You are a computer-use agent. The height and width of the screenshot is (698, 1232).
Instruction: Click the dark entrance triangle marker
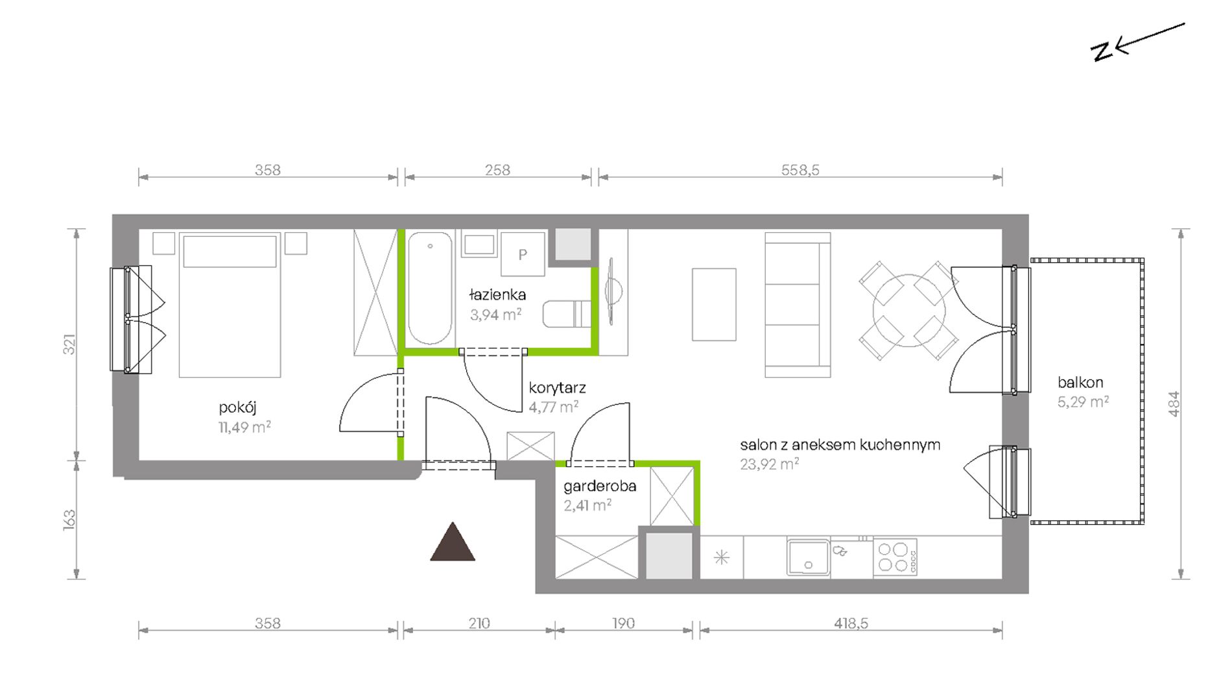(453, 542)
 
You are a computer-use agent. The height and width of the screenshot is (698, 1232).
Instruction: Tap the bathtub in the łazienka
(430, 288)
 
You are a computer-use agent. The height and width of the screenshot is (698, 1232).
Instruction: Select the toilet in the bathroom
(567, 314)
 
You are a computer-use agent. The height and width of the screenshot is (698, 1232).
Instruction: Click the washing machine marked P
(523, 255)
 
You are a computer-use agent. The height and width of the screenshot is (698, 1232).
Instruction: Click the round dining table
(909, 310)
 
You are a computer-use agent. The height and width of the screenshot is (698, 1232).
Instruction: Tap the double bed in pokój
(230, 305)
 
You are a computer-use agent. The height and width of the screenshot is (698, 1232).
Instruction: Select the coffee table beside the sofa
(714, 304)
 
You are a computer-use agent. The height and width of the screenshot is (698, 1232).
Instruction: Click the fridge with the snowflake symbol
(722, 557)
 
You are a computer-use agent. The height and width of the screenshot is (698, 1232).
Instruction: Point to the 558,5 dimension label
(800, 170)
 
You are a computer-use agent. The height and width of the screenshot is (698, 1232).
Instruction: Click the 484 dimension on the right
(1174, 403)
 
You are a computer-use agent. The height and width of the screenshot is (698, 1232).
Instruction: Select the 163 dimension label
(69, 520)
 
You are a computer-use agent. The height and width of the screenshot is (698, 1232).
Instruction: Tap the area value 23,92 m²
(769, 464)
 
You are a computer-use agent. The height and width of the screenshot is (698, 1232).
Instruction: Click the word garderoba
(600, 486)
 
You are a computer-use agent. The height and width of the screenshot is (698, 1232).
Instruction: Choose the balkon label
(1080, 382)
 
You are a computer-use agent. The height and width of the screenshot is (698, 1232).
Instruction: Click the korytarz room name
(557, 388)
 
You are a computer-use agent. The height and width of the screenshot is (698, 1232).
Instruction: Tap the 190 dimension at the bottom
(623, 623)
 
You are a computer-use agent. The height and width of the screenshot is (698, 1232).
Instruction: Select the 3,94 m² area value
(496, 315)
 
